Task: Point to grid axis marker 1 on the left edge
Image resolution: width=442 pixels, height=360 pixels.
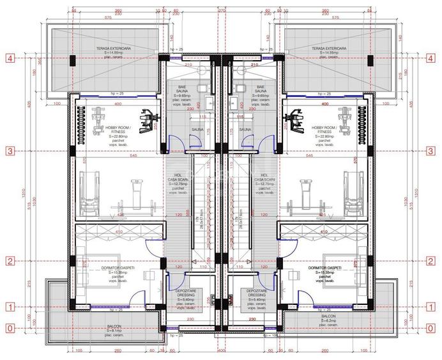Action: tap(10, 307)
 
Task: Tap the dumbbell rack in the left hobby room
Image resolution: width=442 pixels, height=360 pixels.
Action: tap(80, 118)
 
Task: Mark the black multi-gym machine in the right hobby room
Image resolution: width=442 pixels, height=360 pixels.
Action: tap(296, 118)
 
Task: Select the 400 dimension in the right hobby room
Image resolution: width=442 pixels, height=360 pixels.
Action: tap(325, 104)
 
